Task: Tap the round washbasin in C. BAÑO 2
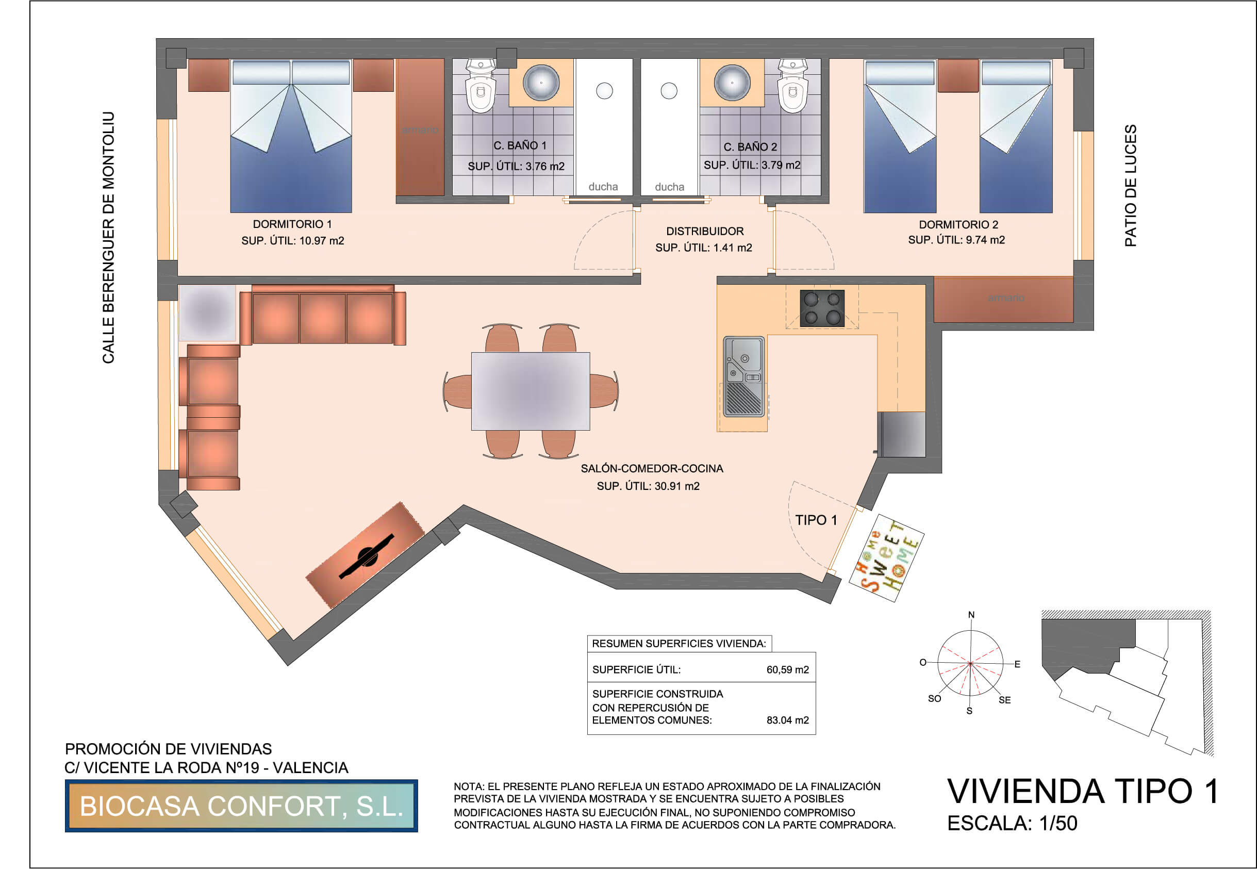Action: coord(732,82)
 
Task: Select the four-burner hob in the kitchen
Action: coord(822,308)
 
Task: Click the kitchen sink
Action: coord(743,376)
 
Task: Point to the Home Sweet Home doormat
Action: coord(886,558)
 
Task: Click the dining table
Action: coord(530,391)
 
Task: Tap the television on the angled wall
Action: coord(366,556)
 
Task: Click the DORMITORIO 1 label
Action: coord(292,224)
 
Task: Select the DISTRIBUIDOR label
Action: coord(705,231)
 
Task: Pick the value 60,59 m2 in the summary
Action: coord(788,670)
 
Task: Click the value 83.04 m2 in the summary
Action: coord(788,720)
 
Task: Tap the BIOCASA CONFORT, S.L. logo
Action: coord(241,806)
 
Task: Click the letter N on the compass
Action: coord(971,615)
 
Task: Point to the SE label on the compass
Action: coord(1005,700)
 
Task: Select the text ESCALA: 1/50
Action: coord(1012,823)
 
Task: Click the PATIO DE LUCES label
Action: coord(1131,186)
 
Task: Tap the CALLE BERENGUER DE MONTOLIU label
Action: coord(108,237)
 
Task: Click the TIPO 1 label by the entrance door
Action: coord(816,520)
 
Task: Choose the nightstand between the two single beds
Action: coord(958,76)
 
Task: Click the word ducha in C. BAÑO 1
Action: coord(603,187)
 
